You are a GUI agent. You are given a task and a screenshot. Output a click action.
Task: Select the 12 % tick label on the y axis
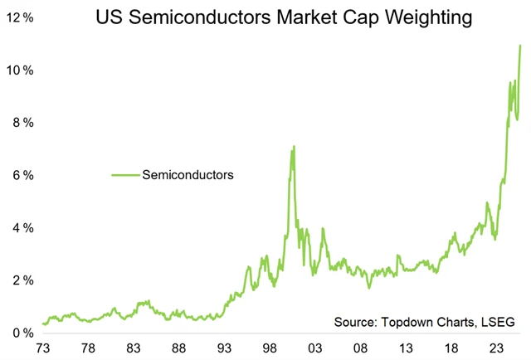point(19,17)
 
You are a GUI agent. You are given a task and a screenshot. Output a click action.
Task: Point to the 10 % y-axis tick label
point(19,70)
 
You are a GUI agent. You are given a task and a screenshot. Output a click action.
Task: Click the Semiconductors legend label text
point(188,175)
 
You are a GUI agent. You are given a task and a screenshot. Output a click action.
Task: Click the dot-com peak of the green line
point(293,147)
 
